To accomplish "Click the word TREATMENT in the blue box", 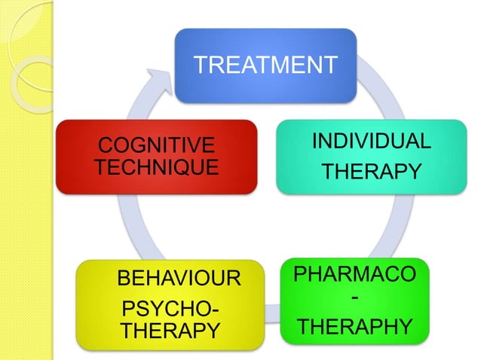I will click(265, 65).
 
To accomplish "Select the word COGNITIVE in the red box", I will click(156, 145).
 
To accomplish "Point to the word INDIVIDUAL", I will click(372, 141).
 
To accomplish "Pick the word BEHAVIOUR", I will click(179, 281).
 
